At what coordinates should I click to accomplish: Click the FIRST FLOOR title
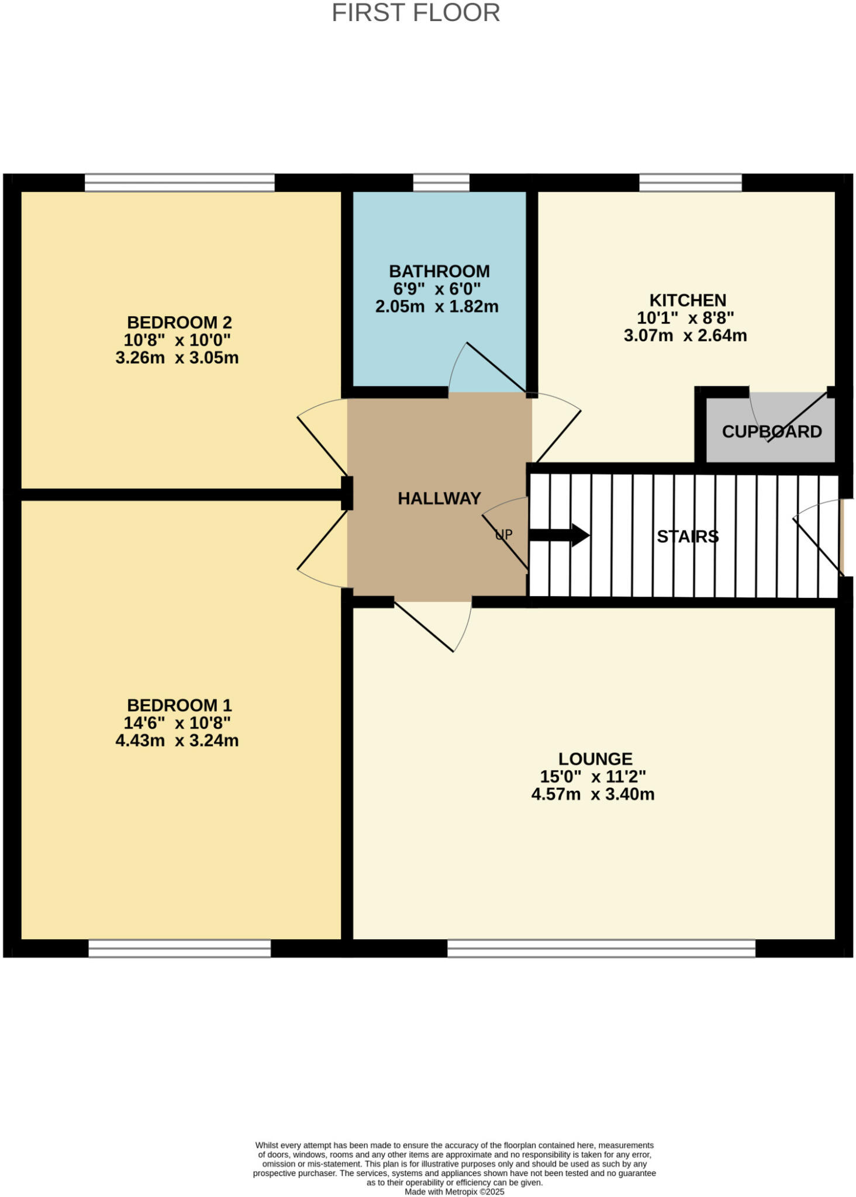coord(416,13)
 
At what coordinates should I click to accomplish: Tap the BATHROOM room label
coord(439,271)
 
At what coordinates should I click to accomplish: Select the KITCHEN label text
coord(688,300)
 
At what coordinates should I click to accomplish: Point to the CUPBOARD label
coord(771,432)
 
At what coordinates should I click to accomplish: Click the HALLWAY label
coord(439,499)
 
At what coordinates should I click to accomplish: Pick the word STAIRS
coord(687,537)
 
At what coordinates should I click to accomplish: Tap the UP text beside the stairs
coord(503,534)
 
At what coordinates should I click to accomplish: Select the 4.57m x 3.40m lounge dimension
coord(592,794)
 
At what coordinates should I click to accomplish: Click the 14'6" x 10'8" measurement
coord(177,723)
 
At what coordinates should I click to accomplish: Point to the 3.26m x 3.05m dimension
coord(177,358)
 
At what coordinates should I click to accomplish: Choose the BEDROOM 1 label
coord(179,705)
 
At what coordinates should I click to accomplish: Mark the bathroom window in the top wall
coord(441,182)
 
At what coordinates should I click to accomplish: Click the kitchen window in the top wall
coord(690,182)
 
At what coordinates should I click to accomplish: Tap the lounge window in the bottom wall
coord(601,948)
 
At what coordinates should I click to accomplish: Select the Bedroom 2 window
coord(180,182)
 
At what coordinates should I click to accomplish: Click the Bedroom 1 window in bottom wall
coord(180,948)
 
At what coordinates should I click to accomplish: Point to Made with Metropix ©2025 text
coord(454,1192)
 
